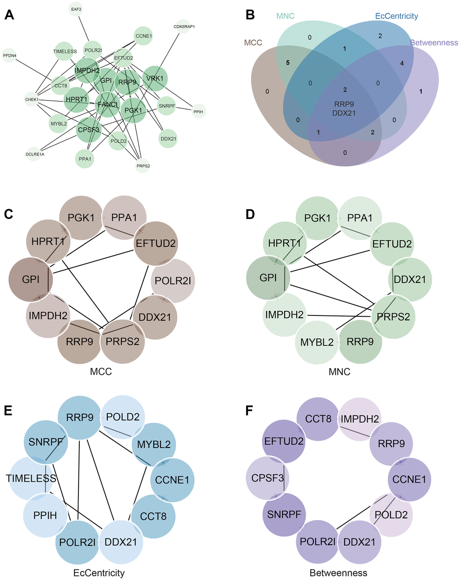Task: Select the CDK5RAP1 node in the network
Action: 184,27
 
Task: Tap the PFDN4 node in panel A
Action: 9,55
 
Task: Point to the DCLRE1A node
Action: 35,154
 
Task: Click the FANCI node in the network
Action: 107,104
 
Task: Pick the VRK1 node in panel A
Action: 155,78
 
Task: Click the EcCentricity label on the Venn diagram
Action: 396,16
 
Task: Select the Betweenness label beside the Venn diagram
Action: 434,43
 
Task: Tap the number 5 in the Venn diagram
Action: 288,63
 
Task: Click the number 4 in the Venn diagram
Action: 402,63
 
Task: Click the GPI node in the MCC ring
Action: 31,279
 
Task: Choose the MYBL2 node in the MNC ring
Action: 317,342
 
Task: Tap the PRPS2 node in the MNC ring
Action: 394,316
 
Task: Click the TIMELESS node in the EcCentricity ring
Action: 31,478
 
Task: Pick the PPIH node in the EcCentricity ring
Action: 45,515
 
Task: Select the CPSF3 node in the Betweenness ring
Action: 268,477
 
